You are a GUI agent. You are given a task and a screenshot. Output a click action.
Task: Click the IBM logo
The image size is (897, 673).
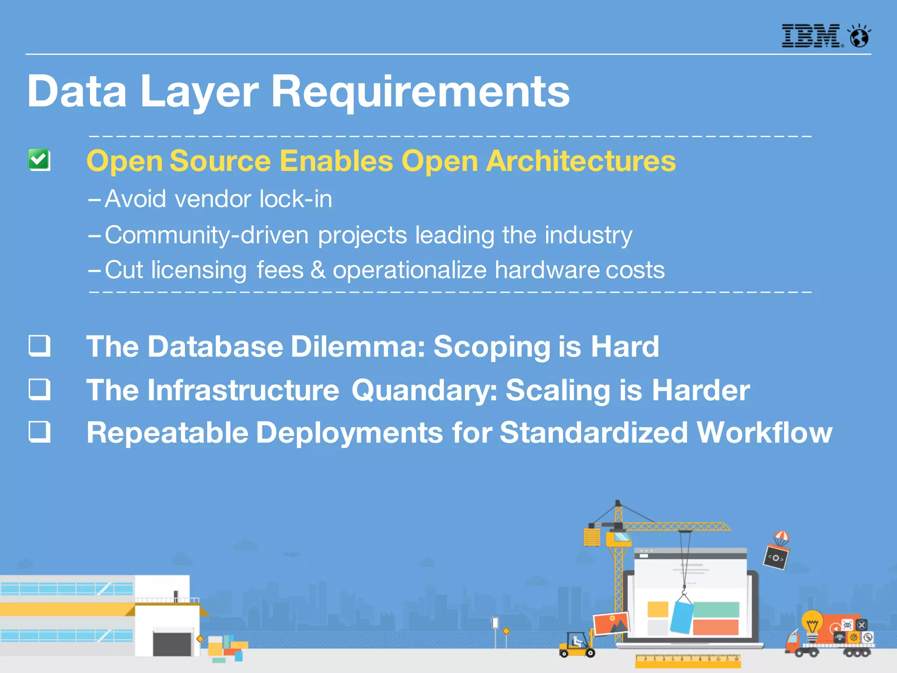(x=811, y=36)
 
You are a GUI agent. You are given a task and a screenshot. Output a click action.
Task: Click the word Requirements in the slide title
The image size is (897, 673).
(x=420, y=91)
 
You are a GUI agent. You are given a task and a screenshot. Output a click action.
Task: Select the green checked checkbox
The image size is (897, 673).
(x=39, y=159)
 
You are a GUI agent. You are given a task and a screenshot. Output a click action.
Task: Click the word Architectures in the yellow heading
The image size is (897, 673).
(x=581, y=161)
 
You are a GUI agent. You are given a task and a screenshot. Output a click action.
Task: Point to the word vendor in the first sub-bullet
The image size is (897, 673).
(x=214, y=199)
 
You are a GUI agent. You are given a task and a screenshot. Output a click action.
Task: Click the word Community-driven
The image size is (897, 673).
(x=207, y=235)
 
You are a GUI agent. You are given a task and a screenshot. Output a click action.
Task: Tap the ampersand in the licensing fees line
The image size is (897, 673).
(x=318, y=270)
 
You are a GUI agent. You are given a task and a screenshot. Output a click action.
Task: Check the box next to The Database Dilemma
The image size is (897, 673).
(x=39, y=346)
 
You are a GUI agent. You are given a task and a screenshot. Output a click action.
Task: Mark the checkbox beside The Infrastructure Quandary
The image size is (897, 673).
(x=39, y=389)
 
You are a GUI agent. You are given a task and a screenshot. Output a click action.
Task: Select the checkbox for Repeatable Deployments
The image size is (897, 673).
(x=39, y=432)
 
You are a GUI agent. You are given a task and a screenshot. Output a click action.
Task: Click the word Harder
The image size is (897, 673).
(x=701, y=390)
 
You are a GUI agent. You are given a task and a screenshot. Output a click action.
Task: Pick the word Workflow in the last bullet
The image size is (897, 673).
(x=764, y=432)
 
